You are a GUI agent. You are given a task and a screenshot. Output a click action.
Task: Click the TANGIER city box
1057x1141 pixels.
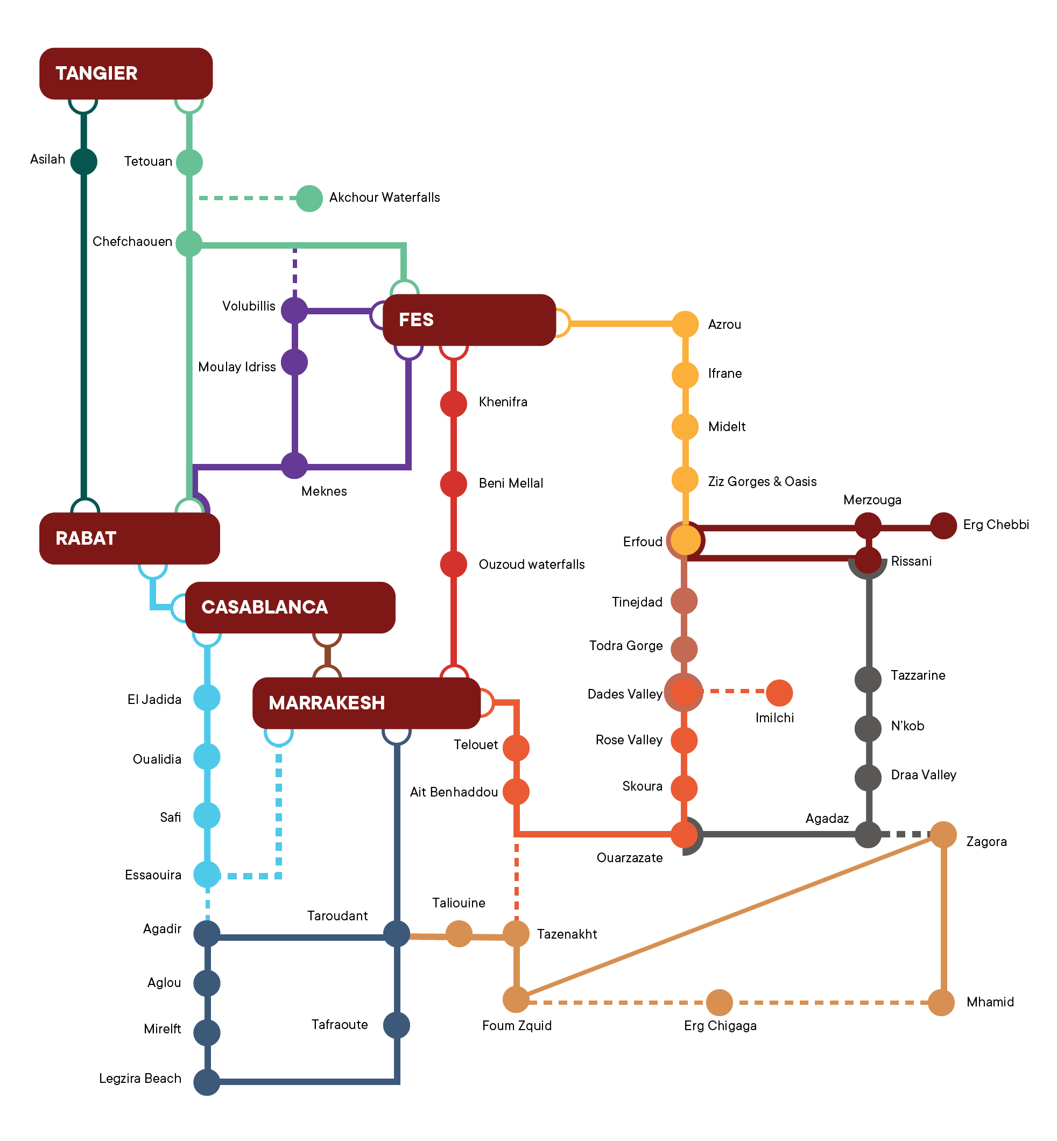[x=126, y=73]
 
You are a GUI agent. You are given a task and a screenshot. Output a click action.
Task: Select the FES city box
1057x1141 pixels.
[x=469, y=320]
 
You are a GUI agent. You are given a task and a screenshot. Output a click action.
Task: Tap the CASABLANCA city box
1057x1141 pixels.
[x=290, y=608]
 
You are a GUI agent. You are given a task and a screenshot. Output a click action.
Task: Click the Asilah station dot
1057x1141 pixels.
[x=83, y=161]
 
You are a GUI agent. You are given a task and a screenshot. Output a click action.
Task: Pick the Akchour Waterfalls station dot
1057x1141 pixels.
[x=309, y=199]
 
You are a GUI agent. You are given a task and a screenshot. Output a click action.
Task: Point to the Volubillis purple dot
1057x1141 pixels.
[x=294, y=311]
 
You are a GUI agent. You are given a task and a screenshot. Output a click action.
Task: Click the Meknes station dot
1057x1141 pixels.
[x=294, y=466]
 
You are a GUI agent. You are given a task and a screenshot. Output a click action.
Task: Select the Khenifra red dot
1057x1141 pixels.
[x=454, y=403]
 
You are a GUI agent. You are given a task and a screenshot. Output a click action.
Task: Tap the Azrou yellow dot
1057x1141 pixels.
[x=685, y=325]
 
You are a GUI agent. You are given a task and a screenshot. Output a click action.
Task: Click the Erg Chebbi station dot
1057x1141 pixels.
[x=943, y=526]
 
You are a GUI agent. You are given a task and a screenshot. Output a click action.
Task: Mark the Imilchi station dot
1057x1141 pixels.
[x=779, y=693]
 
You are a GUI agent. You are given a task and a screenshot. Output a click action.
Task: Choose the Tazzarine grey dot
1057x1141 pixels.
[x=868, y=679]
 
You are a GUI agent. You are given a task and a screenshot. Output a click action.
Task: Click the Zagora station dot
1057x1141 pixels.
[x=943, y=834]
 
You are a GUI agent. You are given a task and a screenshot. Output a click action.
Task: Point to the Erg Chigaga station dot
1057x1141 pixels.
[x=720, y=1003]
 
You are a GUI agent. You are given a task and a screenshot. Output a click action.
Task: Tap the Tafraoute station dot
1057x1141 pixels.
[x=396, y=1025]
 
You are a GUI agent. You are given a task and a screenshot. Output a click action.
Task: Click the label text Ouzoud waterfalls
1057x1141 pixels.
[x=531, y=565]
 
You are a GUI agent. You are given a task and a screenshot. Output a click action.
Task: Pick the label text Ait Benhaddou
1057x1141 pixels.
[x=454, y=792]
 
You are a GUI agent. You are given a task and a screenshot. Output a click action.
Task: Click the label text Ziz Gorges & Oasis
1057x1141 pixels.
[x=762, y=482]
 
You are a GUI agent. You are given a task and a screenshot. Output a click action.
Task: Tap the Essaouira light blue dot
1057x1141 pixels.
[x=207, y=875]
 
